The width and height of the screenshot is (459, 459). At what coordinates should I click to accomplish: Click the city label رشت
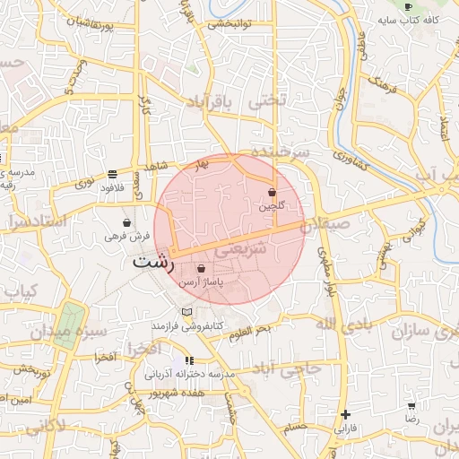tap(153, 263)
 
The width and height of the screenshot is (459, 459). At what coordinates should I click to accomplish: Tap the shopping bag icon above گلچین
tap(272, 192)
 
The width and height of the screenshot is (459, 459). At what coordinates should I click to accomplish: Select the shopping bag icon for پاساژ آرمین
tap(201, 268)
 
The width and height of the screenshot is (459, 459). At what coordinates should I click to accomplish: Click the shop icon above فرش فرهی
tap(127, 223)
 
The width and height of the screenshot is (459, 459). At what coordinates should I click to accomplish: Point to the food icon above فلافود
tap(111, 175)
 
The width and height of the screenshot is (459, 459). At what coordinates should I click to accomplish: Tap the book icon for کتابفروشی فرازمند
tap(186, 311)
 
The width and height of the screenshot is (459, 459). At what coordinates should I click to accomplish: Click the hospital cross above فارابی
tap(345, 414)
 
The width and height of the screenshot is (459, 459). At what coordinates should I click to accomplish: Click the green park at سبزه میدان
tap(70, 321)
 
